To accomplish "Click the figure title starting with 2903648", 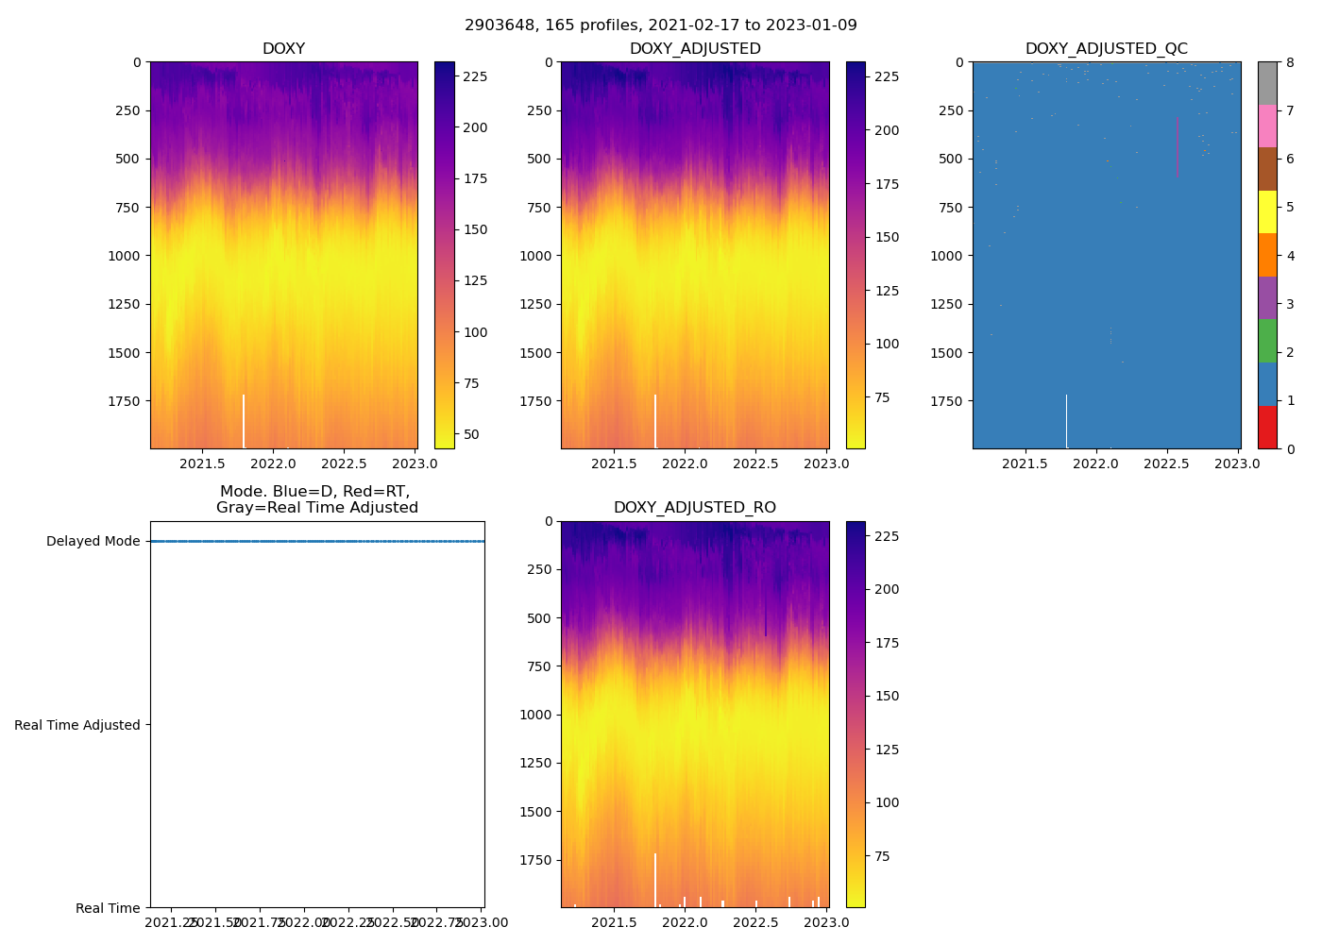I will coord(661,25).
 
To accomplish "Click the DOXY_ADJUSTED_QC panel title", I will coord(1106,49).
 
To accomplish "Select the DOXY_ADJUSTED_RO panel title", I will coord(694,508).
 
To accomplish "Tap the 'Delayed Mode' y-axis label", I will coord(93,542).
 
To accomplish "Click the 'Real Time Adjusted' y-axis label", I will coord(77,725).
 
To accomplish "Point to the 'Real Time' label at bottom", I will coord(108,908).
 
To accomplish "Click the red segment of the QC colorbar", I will coord(1267,428).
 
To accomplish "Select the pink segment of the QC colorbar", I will coord(1267,126).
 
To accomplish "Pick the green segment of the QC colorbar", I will coord(1267,341).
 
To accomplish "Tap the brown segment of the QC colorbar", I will coord(1267,169).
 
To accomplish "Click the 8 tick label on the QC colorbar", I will coord(1290,62).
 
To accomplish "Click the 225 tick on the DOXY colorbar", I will coord(475,76).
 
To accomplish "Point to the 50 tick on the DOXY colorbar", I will coord(470,434).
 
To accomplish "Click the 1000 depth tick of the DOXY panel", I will coord(125,256).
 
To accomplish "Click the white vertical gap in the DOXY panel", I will coord(244,421).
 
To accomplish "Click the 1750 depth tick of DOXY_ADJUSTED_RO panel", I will coord(535,860).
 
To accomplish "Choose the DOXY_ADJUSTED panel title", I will coord(694,49).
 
